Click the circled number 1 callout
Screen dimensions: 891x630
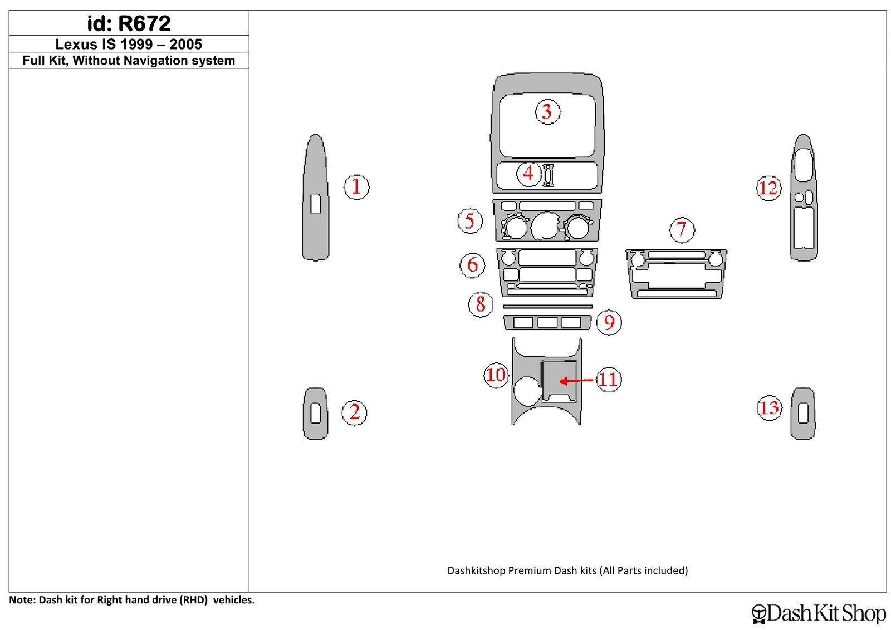356,187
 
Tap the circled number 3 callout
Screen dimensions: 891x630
547,112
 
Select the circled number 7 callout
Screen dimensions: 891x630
682,230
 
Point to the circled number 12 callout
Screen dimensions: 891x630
768,188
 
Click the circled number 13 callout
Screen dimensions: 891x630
769,408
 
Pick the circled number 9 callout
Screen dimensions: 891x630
609,322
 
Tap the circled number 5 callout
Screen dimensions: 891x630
470,220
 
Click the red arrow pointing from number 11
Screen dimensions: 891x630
576,381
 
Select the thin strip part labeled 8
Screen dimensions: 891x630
547,307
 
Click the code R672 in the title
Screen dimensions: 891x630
144,23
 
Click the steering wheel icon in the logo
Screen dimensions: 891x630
758,614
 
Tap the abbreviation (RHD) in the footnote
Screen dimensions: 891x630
194,600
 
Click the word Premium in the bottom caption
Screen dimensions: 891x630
530,570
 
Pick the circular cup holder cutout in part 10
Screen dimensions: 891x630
527,391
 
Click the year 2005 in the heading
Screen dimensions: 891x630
186,44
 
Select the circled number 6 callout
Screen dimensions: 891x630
472,264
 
